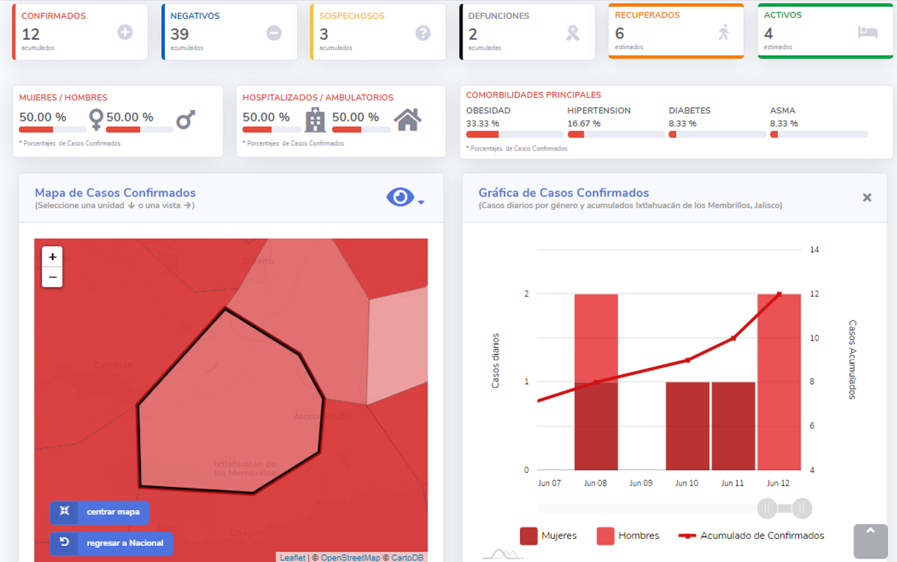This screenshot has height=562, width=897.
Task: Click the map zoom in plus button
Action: click(53, 256)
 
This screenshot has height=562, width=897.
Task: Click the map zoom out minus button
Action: click(53, 277)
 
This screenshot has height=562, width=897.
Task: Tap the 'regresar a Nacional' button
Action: click(111, 543)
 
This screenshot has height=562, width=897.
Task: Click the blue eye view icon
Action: click(401, 198)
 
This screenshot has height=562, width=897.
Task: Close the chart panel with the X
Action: click(867, 198)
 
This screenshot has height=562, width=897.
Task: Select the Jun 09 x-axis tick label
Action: click(641, 483)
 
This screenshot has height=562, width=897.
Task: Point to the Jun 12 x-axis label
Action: click(778, 483)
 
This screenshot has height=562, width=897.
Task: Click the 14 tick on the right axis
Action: click(814, 249)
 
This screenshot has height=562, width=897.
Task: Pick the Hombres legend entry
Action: click(628, 536)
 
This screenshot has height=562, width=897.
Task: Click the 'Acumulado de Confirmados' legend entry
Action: click(751, 536)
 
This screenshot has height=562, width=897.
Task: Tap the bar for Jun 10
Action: click(687, 426)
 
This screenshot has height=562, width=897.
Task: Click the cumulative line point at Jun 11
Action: click(733, 338)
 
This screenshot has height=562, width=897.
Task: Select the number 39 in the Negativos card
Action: click(179, 34)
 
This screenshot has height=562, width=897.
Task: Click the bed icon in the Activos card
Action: click(868, 32)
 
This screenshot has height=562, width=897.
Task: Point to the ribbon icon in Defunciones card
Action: click(573, 33)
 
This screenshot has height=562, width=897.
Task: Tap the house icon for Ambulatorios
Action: click(408, 120)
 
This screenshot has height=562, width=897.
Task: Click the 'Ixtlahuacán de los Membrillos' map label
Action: click(245, 468)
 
